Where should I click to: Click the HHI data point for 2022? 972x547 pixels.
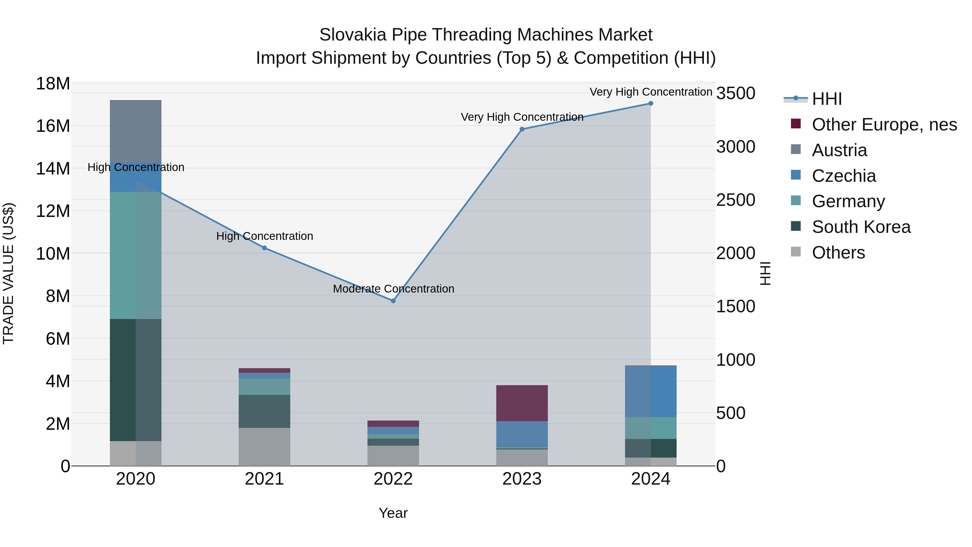[393, 301]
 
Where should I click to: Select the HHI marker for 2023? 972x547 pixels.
[522, 129]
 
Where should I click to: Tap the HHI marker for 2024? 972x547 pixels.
[651, 103]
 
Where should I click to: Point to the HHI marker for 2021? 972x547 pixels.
[265, 248]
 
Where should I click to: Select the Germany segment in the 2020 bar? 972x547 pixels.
[136, 255]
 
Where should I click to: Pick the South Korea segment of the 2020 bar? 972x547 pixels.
[136, 380]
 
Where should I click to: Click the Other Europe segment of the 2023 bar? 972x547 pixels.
[522, 403]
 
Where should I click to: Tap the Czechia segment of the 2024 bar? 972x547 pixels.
[651, 391]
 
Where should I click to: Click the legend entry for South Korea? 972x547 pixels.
[861, 227]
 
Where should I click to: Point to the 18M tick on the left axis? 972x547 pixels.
[53, 84]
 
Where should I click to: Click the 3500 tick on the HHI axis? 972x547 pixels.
[736, 94]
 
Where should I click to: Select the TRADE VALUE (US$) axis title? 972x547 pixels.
[9, 273]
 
